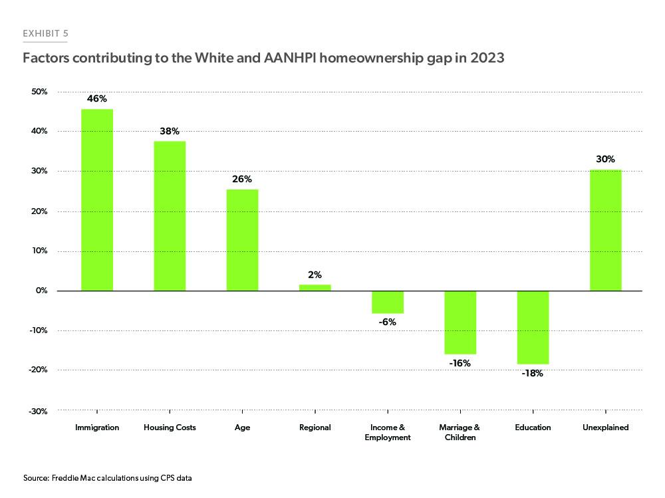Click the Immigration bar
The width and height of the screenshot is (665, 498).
coord(97,199)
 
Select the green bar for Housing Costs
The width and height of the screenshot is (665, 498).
coord(170,216)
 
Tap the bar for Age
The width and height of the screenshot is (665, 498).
coord(242,240)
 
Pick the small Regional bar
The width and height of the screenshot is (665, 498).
coord(315,287)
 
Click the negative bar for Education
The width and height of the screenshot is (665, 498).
coord(533,327)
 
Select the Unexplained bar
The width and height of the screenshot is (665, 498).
coord(605,230)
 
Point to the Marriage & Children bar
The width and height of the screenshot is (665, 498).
coord(460,322)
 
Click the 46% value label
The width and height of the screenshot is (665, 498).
coord(97,98)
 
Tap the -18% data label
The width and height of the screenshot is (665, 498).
coord(533,374)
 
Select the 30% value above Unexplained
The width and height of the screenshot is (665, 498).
coord(605,159)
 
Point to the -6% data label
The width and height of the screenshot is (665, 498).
coord(388,322)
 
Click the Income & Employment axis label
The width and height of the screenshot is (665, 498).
coord(388,432)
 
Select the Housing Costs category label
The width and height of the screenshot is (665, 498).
coord(170,428)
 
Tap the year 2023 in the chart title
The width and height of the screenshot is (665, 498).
coord(487,59)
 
